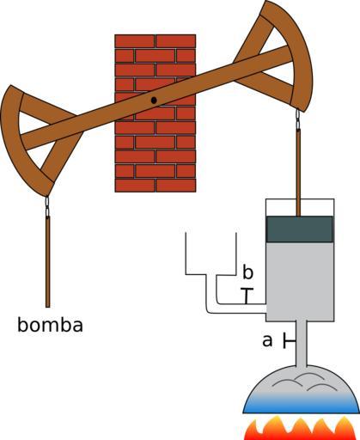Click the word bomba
(50, 325)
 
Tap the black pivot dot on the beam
(154, 101)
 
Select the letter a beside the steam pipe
(267, 341)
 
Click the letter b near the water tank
(248, 272)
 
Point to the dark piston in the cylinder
(300, 229)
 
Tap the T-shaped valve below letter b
(247, 296)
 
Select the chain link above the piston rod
(298, 119)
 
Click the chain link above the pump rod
(47, 206)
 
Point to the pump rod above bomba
(48, 262)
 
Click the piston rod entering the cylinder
(298, 173)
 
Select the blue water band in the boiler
(302, 403)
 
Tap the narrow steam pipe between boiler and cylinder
(301, 343)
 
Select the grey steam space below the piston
(300, 282)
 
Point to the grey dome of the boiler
(301, 381)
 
